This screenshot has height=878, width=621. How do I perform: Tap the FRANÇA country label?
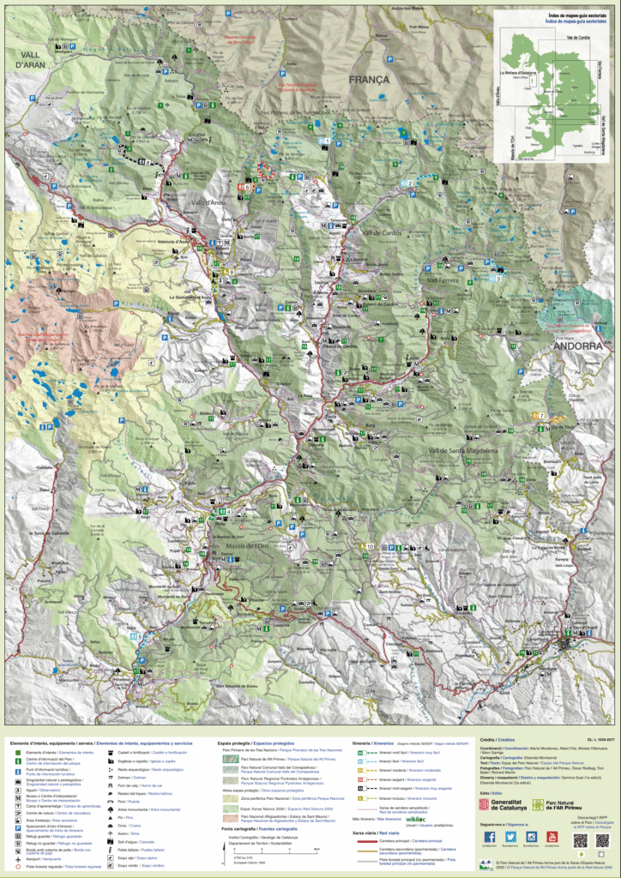pos(370,79)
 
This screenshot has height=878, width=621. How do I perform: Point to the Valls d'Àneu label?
pos(209,201)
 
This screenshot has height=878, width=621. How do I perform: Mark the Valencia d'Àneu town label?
pos(196,243)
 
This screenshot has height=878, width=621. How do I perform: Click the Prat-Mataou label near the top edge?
pos(419,27)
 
